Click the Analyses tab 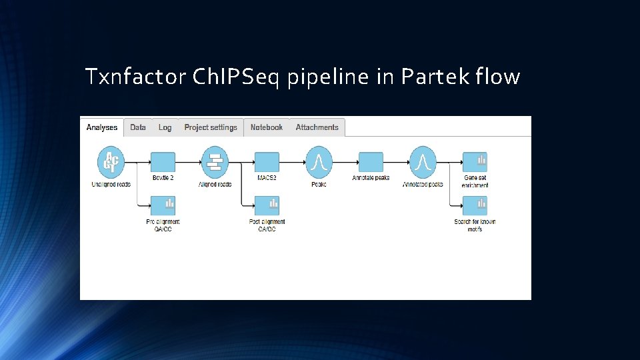[x=102, y=127]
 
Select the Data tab [x=138, y=127]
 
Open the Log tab [x=165, y=127]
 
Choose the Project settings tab [x=211, y=127]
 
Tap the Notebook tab [x=266, y=127]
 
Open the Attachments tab [x=317, y=127]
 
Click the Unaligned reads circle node [x=111, y=162]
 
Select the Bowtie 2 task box [x=163, y=162]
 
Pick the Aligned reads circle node [x=215, y=162]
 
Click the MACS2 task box [x=267, y=162]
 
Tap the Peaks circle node [x=319, y=162]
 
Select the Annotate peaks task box [x=371, y=162]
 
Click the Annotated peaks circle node [x=423, y=162]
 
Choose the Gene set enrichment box [x=475, y=162]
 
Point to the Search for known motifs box [x=475, y=205]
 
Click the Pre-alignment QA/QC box [x=163, y=205]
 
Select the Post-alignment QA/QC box [x=267, y=205]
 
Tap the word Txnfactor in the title [x=135, y=77]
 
